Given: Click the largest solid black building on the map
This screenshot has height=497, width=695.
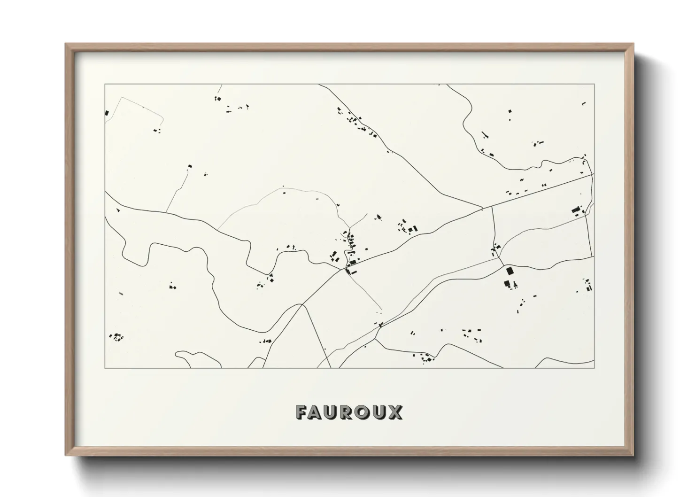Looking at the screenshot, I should pyautogui.click(x=509, y=271).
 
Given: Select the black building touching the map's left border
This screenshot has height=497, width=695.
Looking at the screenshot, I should pyautogui.click(x=107, y=113).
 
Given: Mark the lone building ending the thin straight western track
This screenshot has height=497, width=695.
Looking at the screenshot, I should pyautogui.click(x=190, y=166).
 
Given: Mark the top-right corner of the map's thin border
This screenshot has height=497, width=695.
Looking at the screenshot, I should pyautogui.click(x=594, y=85).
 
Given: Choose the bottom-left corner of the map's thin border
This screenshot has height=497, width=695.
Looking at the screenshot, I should pyautogui.click(x=105, y=368).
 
